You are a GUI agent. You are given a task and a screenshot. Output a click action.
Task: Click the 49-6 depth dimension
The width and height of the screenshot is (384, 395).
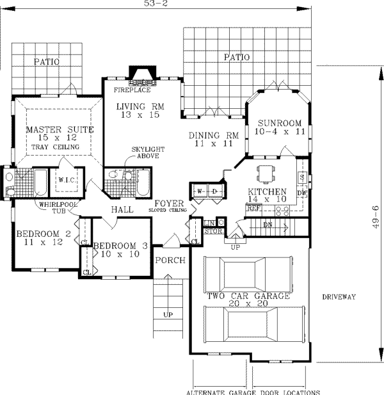376,218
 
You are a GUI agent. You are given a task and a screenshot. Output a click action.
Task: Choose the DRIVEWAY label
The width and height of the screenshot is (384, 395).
339,296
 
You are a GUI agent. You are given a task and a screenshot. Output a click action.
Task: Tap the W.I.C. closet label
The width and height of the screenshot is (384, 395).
67,180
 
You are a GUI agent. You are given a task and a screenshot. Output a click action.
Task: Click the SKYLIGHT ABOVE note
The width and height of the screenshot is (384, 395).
145,152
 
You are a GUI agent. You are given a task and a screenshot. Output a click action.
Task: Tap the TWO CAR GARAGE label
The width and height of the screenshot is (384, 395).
248,297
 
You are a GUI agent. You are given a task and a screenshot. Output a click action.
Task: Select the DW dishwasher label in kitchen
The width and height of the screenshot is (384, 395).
302,192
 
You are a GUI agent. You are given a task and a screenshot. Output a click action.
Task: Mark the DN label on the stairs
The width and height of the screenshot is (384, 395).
268,225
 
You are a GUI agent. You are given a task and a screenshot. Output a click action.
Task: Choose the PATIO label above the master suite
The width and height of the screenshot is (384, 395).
47,62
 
